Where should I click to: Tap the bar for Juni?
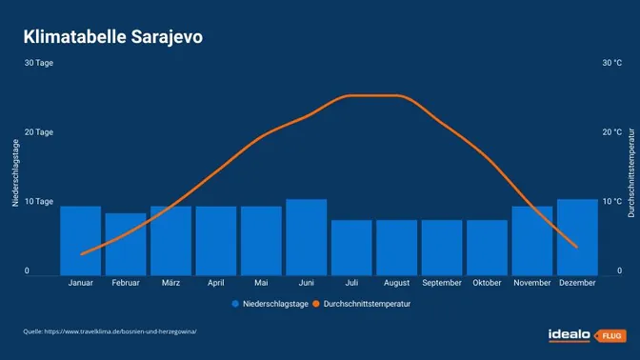pos(306,237)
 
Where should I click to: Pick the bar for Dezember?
pos(577,237)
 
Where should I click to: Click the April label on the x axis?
pos(216,283)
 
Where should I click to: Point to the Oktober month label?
pos(487,283)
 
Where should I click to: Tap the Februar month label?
pos(126,283)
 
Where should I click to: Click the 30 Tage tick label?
pos(39,63)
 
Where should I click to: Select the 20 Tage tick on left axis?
pos(39,132)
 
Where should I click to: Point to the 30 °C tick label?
pos(612,63)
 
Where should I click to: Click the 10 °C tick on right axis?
pos(612,202)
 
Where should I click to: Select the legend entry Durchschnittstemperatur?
pos(367,304)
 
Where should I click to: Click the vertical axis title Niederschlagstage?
pos(15,171)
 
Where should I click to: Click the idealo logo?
pos(569,334)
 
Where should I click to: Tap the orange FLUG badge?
pos(609,335)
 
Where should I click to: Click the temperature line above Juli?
pos(351,95)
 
